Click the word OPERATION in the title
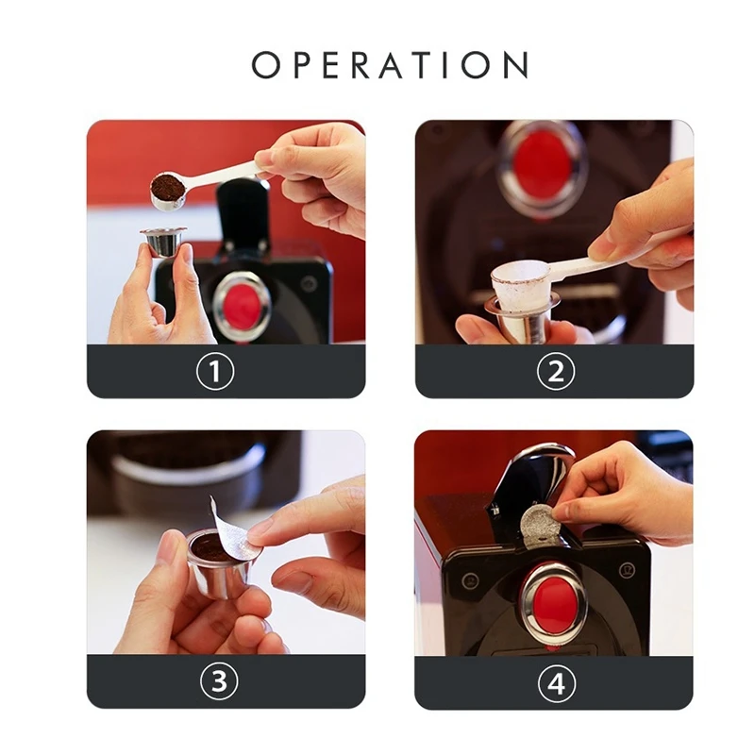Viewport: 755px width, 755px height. [x=390, y=65]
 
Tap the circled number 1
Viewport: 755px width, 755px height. [x=215, y=371]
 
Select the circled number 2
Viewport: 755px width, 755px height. [x=555, y=371]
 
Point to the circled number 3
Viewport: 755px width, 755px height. [x=219, y=682]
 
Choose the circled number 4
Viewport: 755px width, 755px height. [x=555, y=682]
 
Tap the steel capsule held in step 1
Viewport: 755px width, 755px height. [x=161, y=243]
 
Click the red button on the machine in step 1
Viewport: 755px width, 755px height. [x=241, y=305]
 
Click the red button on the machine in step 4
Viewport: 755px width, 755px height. [x=554, y=599]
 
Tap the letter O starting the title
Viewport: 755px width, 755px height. [x=267, y=65]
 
